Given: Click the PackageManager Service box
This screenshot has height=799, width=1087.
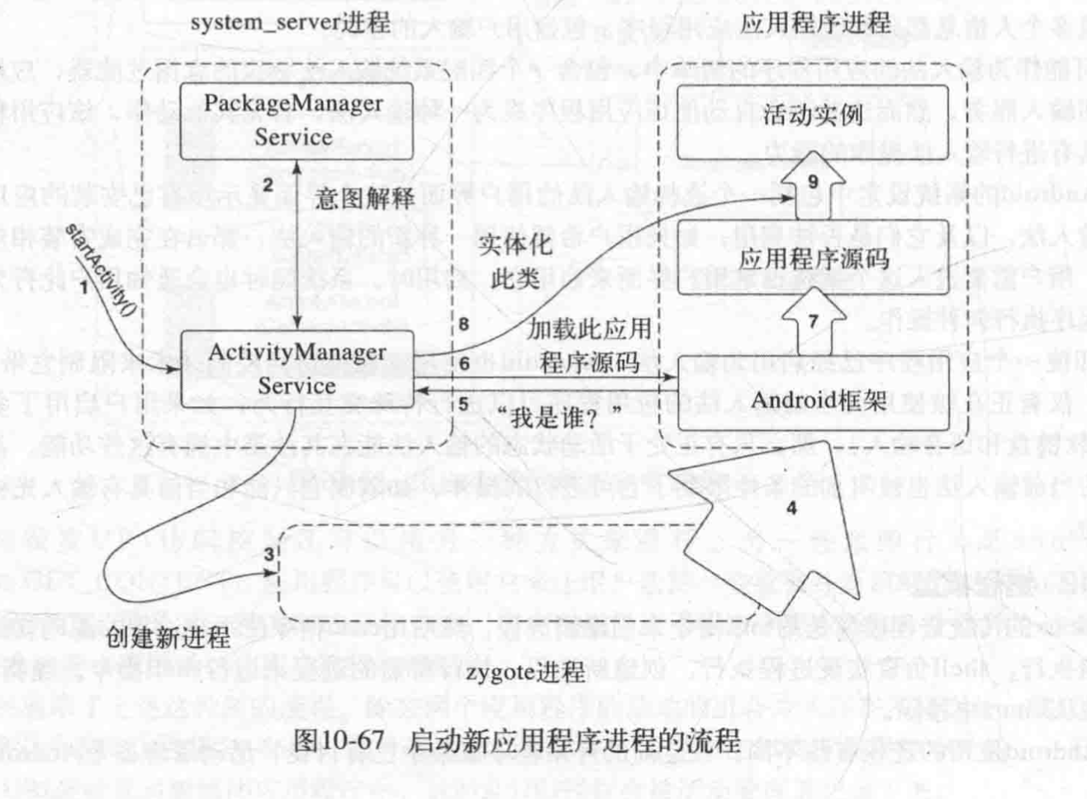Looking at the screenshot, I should point(295,121).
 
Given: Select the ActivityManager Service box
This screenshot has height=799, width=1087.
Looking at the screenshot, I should point(297,369).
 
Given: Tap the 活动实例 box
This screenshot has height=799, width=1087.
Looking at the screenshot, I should point(813,115).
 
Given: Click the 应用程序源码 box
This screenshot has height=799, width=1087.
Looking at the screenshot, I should point(813,259).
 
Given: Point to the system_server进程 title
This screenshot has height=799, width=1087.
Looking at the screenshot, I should point(290,21).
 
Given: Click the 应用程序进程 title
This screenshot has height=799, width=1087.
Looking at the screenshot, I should point(814,22).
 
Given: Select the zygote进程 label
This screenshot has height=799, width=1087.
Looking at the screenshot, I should point(525,672).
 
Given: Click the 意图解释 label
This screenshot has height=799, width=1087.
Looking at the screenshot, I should point(364,199).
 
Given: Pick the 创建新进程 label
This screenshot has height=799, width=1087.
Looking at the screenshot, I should point(169,637).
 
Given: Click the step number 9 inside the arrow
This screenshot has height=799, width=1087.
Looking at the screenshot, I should point(813,182).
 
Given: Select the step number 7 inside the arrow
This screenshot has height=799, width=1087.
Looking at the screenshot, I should point(813,320).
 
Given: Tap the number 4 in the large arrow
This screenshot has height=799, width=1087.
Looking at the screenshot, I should point(791,508).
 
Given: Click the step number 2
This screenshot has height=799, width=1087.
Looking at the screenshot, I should point(268,186).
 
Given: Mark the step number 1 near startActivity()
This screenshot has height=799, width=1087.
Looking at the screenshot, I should point(83,289).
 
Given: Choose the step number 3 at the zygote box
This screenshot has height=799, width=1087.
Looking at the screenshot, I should point(268,555).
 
